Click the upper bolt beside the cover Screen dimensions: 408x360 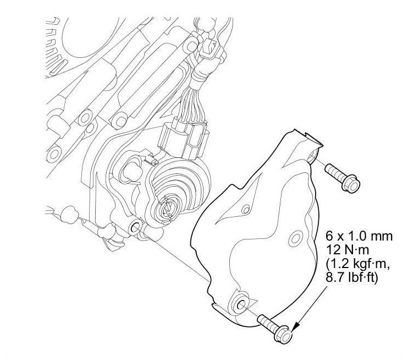[342, 178]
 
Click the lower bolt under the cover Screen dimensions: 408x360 [275, 327]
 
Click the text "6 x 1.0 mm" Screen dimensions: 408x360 [359, 236]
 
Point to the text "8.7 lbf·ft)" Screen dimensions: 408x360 [351, 277]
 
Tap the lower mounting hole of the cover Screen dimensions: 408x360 [241, 304]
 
